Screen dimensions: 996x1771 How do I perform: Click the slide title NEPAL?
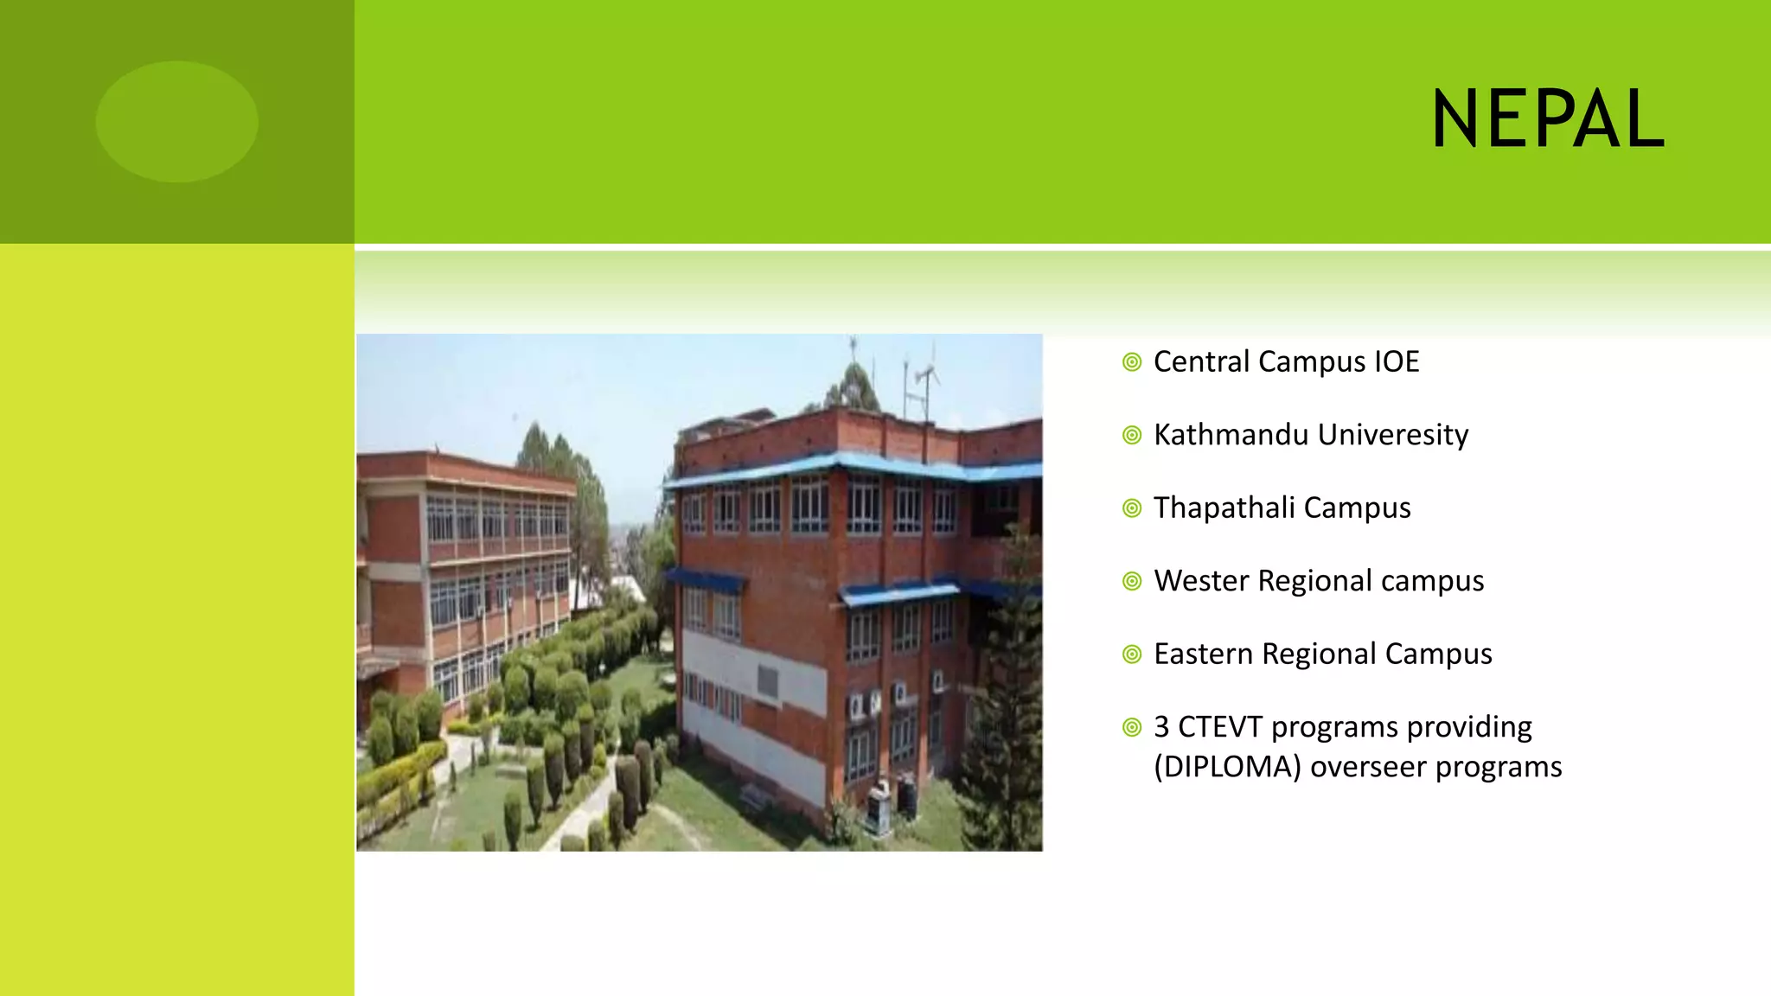[1548, 120]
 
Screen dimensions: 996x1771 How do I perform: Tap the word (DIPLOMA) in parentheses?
[1227, 767]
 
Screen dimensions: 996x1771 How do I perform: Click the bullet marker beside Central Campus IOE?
[1132, 362]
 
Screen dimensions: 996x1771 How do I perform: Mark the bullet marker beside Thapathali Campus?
[1132, 508]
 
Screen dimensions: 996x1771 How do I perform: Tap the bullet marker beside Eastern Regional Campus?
[1132, 654]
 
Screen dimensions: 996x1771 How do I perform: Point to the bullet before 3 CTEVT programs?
[1132, 728]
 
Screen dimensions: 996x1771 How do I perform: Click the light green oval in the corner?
[176, 121]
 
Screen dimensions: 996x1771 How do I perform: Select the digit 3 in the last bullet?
[1161, 727]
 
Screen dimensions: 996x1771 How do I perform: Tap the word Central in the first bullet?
[1202, 361]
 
